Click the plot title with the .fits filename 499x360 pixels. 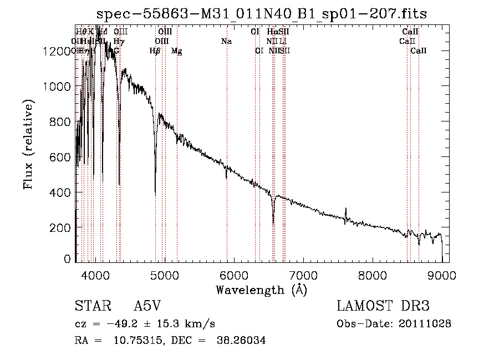click(x=261, y=14)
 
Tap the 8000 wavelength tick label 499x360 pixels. click(x=373, y=273)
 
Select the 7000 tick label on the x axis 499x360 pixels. click(x=303, y=273)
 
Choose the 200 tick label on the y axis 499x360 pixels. click(x=62, y=227)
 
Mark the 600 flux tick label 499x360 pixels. click(x=62, y=157)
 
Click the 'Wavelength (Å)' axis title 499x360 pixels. click(x=261, y=290)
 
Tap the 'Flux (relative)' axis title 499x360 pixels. click(x=28, y=144)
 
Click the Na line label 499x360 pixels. click(x=226, y=42)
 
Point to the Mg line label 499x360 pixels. click(x=176, y=51)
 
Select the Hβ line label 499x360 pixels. click(x=155, y=51)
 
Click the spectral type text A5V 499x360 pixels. click(x=148, y=307)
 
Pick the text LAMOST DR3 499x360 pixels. click(x=383, y=307)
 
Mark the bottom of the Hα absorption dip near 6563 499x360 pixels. click(x=273, y=222)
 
